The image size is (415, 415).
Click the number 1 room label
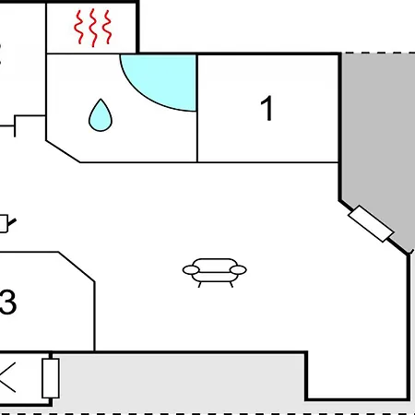coord(267,108)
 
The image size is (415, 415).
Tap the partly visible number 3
coord(7,302)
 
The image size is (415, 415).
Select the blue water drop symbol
coord(101,115)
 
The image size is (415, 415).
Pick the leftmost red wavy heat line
coord(79,27)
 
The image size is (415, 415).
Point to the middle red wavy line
coord(93,28)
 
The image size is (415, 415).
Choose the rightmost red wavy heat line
coord(107,27)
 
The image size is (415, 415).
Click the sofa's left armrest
coord(191,270)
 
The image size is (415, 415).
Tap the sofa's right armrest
coord(238,270)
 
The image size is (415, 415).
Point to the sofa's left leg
coord(199,285)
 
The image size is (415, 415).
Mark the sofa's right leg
coord(231,285)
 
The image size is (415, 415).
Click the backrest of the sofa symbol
coord(215,265)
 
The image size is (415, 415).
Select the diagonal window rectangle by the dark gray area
coord(371,224)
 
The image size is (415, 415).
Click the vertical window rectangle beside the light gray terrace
coord(51,378)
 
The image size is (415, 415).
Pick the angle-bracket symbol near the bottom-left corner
coord(6,377)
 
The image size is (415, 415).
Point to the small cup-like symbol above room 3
coord(6,223)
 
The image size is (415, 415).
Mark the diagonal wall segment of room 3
coord(77,267)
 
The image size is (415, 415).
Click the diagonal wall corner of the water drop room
coord(63,151)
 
